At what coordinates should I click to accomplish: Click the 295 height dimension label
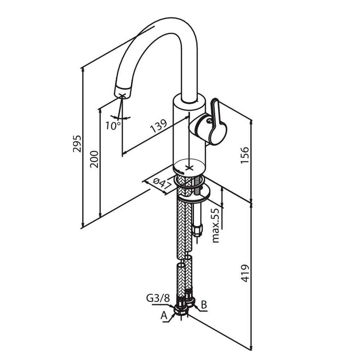point(77,144)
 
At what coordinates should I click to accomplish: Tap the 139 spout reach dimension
point(158,127)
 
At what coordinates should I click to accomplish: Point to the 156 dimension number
point(244,155)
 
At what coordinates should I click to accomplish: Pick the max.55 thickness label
point(216,226)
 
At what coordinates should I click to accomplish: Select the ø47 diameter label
point(161,184)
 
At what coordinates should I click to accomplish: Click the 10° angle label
point(113,126)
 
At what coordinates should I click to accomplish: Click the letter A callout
point(164,316)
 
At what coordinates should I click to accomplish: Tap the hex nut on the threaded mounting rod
point(197,229)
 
